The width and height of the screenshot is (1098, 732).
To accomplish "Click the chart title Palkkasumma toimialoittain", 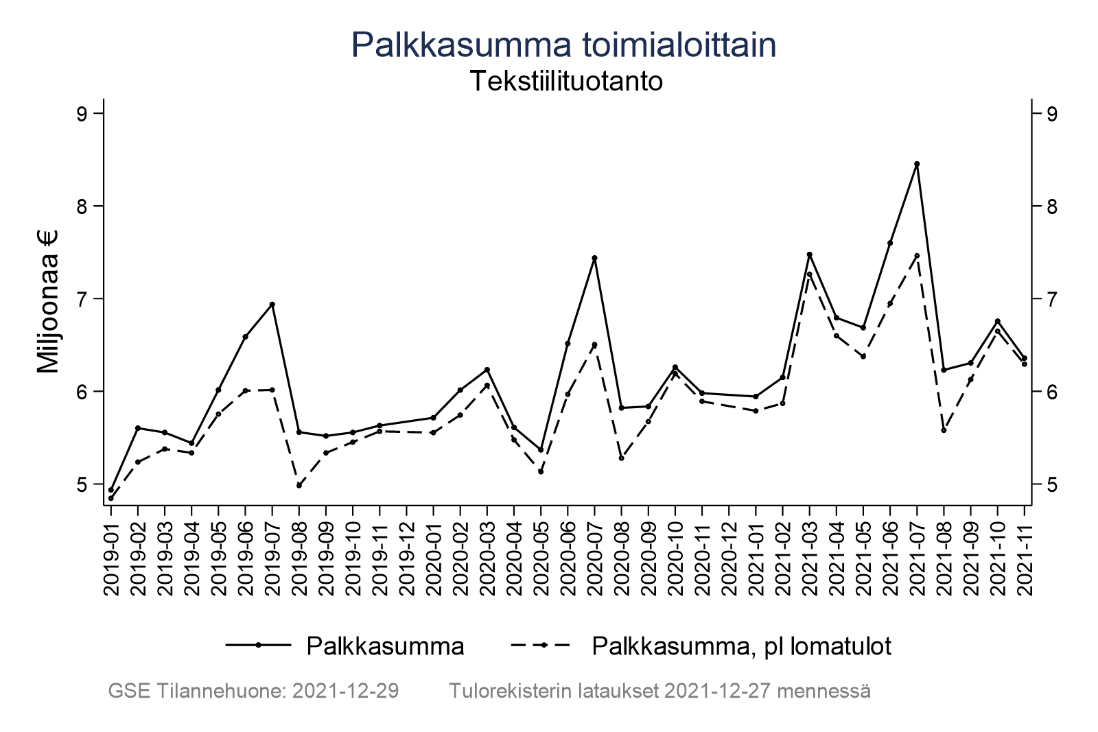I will [563, 45].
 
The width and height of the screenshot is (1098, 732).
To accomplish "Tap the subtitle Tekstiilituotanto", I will [565, 82].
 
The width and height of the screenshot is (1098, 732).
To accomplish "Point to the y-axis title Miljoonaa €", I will [49, 302].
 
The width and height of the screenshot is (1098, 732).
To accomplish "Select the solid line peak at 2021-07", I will [917, 164].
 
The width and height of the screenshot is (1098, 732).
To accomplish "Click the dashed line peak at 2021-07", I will [917, 255].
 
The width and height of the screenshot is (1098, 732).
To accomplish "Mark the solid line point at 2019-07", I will [272, 304].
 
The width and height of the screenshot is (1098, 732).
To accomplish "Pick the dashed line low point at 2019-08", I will [299, 485].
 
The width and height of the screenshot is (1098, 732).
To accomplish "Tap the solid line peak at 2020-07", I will [594, 258].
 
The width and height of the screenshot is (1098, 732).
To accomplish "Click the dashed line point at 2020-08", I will [622, 458].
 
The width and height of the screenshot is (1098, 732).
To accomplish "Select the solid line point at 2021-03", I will [810, 255].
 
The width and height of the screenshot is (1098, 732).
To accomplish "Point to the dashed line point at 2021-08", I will [944, 430].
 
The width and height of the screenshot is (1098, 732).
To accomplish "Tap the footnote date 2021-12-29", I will [346, 691].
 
